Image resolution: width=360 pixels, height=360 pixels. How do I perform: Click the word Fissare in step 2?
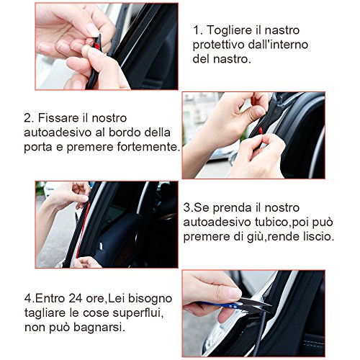(59, 118)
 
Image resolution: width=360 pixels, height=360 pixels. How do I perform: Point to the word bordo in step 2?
(125, 132)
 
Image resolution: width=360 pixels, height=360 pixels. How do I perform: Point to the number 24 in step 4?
(75, 299)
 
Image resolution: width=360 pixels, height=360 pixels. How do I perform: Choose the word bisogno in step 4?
(150, 300)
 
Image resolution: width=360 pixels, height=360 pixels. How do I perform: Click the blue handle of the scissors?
(221, 305)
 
